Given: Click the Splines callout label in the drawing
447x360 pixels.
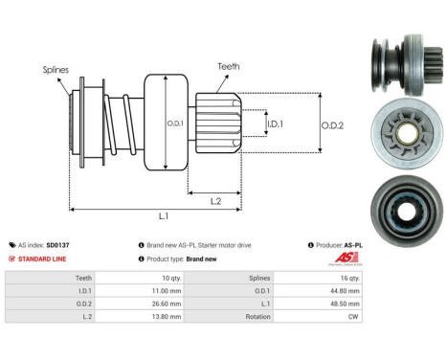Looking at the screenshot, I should pyautogui.click(x=54, y=70).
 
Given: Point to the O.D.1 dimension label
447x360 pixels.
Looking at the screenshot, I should pyautogui.click(x=174, y=123).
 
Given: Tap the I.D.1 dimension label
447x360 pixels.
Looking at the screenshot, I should pyautogui.click(x=275, y=124).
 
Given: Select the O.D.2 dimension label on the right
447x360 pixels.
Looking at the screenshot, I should pyautogui.click(x=332, y=123).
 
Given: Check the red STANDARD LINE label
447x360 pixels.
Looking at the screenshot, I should pyautogui.click(x=44, y=259).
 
